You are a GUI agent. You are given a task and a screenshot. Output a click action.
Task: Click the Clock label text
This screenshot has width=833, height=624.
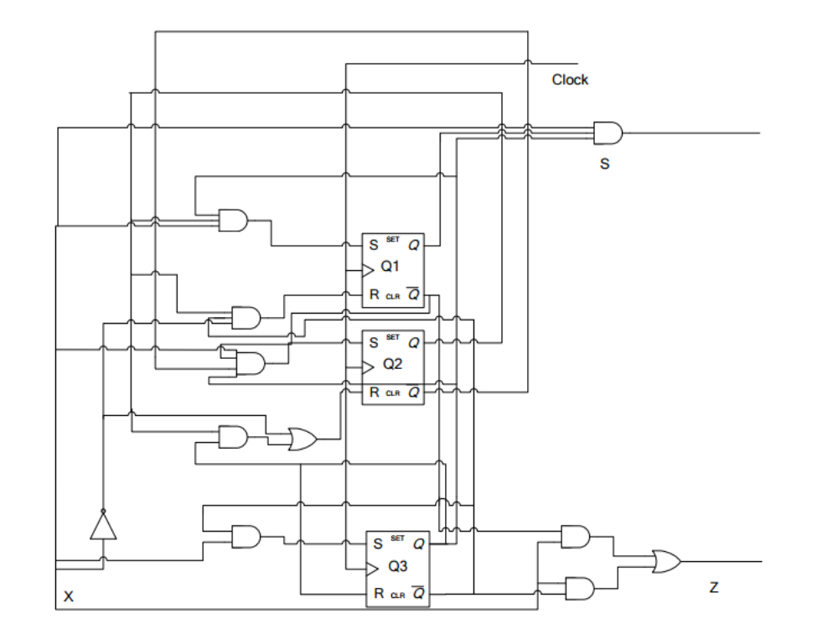click(570, 80)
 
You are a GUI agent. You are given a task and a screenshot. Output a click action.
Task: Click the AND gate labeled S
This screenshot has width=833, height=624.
click(608, 133)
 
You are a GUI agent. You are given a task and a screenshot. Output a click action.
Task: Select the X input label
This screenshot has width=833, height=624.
click(69, 597)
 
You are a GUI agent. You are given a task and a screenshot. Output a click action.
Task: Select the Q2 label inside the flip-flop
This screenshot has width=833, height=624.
click(393, 364)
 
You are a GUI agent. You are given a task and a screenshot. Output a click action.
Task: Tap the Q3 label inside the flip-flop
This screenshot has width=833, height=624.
click(398, 567)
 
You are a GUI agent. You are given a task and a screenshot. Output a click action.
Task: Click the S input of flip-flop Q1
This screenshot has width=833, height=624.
click(373, 246)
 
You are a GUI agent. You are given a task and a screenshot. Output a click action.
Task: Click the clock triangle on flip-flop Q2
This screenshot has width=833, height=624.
click(368, 365)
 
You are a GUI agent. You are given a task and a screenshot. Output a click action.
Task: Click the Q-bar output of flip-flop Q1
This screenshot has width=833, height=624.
click(413, 294)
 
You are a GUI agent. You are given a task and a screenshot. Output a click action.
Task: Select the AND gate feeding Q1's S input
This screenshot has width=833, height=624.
click(233, 221)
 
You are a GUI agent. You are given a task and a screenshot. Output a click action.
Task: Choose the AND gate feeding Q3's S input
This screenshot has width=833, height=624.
click(246, 537)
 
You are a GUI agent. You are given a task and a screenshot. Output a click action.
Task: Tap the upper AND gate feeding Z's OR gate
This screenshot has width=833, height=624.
click(575, 536)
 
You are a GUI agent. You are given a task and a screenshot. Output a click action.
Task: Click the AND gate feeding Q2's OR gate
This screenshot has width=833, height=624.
click(233, 437)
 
